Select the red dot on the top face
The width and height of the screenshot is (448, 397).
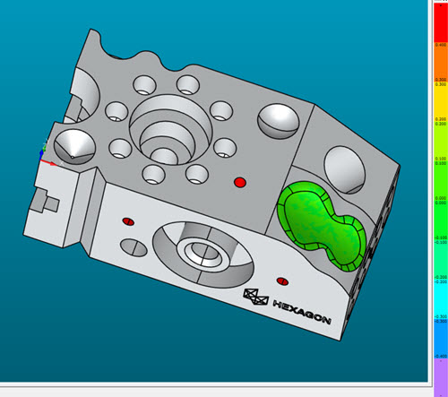point(239,183)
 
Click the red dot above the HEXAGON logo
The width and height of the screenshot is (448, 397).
point(282,276)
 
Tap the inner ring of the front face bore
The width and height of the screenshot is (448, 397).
point(199,252)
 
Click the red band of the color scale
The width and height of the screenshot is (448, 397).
point(440,22)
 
